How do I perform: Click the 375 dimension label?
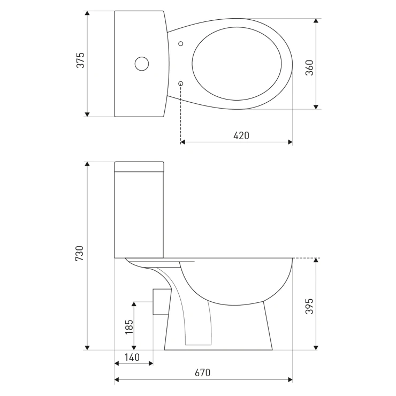[81, 60]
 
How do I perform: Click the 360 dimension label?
[309, 67]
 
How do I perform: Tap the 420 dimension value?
[241, 135]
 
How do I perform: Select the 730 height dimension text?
[80, 253]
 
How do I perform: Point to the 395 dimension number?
[309, 306]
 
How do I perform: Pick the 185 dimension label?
[129, 327]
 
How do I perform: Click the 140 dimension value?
[132, 357]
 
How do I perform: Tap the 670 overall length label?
[202, 372]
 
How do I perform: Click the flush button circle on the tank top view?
[142, 64]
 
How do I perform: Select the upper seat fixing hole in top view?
[180, 44]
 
